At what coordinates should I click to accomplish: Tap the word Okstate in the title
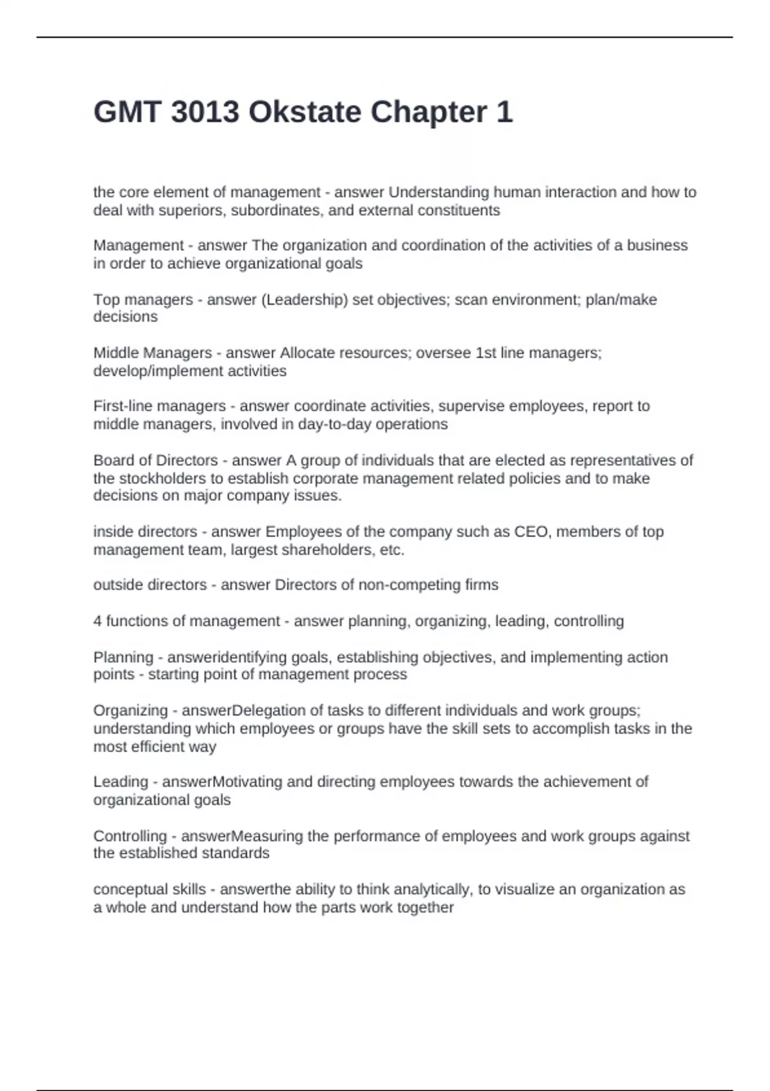click(305, 112)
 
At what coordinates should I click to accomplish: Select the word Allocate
click(305, 353)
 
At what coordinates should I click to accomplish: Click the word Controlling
click(130, 836)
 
